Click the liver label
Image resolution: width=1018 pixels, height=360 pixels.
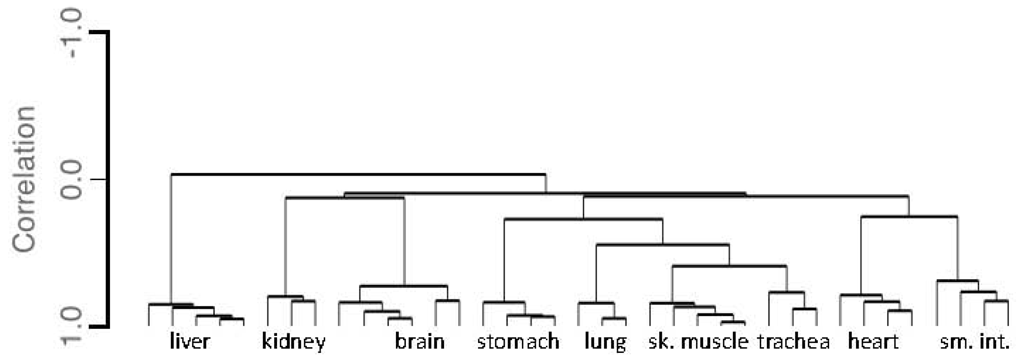(190, 342)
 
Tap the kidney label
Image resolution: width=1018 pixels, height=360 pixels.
(294, 342)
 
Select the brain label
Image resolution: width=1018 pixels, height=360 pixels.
(420, 342)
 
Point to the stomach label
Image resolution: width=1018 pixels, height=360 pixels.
(518, 342)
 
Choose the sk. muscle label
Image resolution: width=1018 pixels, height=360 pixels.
(698, 342)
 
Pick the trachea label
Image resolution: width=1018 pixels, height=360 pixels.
(794, 342)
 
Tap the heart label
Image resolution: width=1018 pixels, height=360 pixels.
(873, 342)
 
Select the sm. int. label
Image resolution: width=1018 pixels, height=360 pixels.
(974, 342)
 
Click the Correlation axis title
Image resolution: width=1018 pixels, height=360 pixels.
(24, 179)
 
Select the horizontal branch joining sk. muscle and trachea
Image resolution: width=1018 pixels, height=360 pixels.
(729, 266)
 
